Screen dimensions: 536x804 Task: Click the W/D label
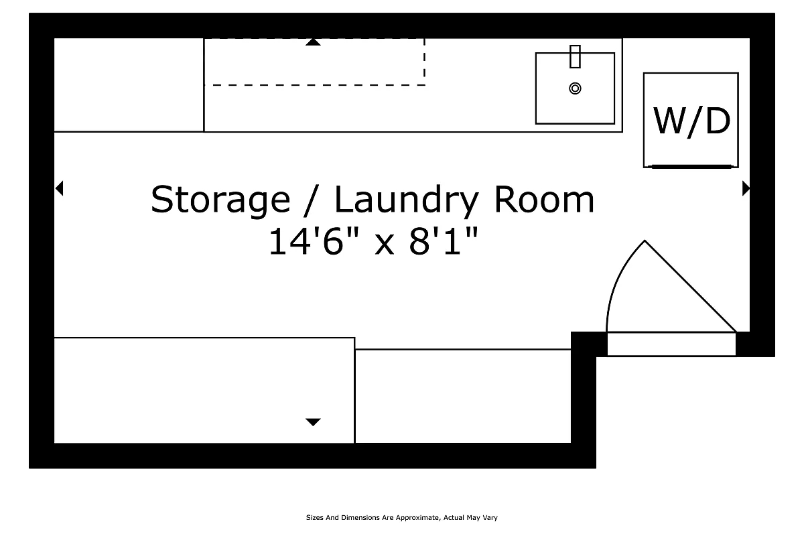[691, 121]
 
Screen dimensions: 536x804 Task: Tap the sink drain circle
[575, 88]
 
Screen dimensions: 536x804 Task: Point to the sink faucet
[575, 56]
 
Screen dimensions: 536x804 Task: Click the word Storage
[220, 200]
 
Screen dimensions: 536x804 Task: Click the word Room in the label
[543, 200]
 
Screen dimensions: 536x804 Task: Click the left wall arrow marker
[59, 189]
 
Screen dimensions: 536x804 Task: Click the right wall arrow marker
[746, 189]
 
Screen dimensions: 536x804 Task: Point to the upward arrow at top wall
[313, 42]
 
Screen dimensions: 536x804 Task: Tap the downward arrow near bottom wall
[313, 422]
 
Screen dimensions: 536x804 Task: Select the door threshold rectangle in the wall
[671, 344]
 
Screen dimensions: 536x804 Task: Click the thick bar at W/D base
[690, 165]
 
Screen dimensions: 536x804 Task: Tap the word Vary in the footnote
[490, 518]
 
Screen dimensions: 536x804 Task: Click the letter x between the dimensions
[385, 244]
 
